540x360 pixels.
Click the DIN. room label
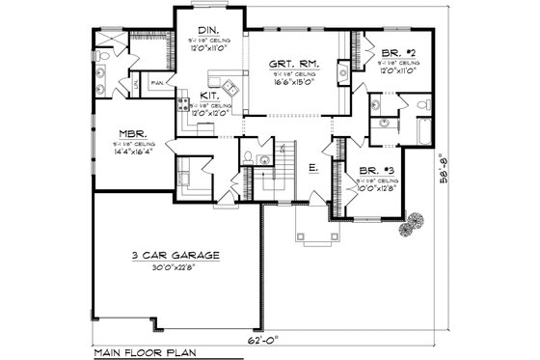[x=204, y=30]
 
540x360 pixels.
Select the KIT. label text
[x=208, y=96]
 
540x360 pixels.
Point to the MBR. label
[x=132, y=134]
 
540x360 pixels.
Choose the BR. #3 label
[x=374, y=170]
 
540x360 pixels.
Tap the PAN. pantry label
[x=156, y=84]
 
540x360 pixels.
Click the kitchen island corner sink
[x=230, y=90]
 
